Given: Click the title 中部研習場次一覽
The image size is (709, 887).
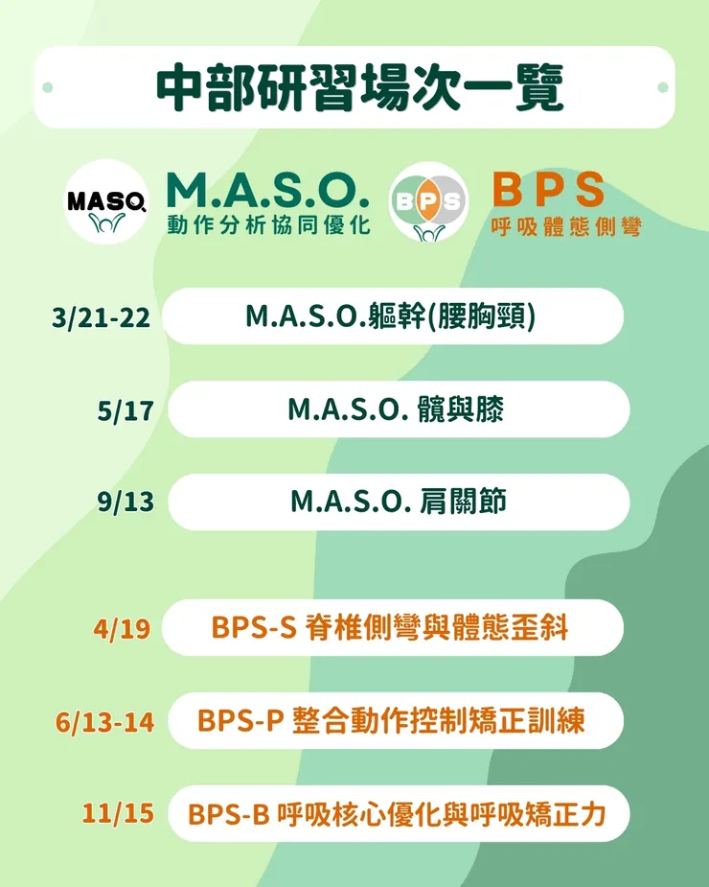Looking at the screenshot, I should pyautogui.click(x=359, y=88).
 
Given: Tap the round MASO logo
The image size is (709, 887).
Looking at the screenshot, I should pyautogui.click(x=106, y=201).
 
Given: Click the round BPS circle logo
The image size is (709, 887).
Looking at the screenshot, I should pyautogui.click(x=428, y=201).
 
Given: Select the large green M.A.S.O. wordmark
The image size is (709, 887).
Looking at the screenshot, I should pyautogui.click(x=267, y=189).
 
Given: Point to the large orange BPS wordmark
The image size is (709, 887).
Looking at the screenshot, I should pyautogui.click(x=548, y=189).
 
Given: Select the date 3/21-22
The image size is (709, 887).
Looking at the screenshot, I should pyautogui.click(x=102, y=317).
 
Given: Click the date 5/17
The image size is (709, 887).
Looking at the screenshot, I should pyautogui.click(x=126, y=411).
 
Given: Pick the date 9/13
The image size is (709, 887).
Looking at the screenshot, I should pyautogui.click(x=126, y=502).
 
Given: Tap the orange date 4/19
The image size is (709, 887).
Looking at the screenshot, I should pyautogui.click(x=123, y=629).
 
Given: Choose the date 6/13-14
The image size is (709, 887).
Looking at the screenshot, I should pyautogui.click(x=105, y=722).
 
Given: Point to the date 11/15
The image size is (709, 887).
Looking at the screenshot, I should pyautogui.click(x=118, y=814).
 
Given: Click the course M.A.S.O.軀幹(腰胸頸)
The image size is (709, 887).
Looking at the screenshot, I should pyautogui.click(x=391, y=316).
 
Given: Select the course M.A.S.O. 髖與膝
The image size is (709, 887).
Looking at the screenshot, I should pyautogui.click(x=396, y=409).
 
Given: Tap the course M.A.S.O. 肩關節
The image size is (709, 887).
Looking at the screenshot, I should pyautogui.click(x=398, y=502).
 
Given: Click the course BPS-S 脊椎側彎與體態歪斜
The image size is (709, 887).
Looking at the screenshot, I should pyautogui.click(x=390, y=628).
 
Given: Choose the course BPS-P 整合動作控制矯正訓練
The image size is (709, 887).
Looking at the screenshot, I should pyautogui.click(x=391, y=720).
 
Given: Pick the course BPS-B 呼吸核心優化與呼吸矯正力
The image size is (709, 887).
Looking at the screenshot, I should pyautogui.click(x=398, y=814).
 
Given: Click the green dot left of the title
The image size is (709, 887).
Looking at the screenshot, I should pyautogui.click(x=47, y=88).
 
